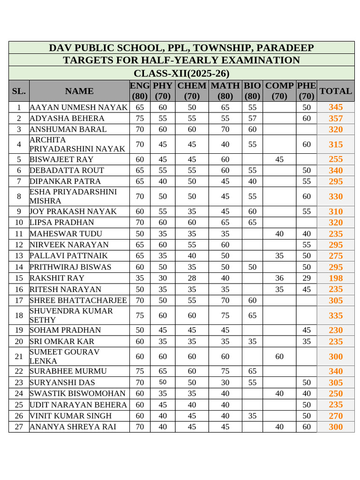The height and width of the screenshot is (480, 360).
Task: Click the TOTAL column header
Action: coord(335,91)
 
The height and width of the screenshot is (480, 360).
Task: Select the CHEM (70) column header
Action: coord(192,91)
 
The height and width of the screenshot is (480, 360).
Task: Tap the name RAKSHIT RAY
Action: coord(57,278)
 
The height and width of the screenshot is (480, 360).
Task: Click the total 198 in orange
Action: coord(336,278)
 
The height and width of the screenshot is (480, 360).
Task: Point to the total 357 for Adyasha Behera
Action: coord(336,118)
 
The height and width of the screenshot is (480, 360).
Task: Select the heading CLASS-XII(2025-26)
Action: coord(181,74)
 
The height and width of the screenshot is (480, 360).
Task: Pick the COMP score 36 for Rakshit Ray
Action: coord(279,278)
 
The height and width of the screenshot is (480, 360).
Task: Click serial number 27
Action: coord(19,427)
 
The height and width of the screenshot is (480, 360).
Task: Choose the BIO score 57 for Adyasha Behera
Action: coord(252,118)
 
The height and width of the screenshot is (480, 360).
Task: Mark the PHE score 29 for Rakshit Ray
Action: coord(307,278)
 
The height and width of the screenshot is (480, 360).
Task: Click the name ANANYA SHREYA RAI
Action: coord(73,427)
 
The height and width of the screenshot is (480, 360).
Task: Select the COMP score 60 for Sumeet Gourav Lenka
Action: coord(279,357)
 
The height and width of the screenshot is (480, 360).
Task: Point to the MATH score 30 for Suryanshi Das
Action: coord(225,382)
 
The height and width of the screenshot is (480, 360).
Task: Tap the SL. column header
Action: coord(19,91)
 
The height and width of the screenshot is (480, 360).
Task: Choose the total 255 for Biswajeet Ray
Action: coord(336,159)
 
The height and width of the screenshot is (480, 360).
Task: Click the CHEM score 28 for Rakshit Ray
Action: coord(192,278)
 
